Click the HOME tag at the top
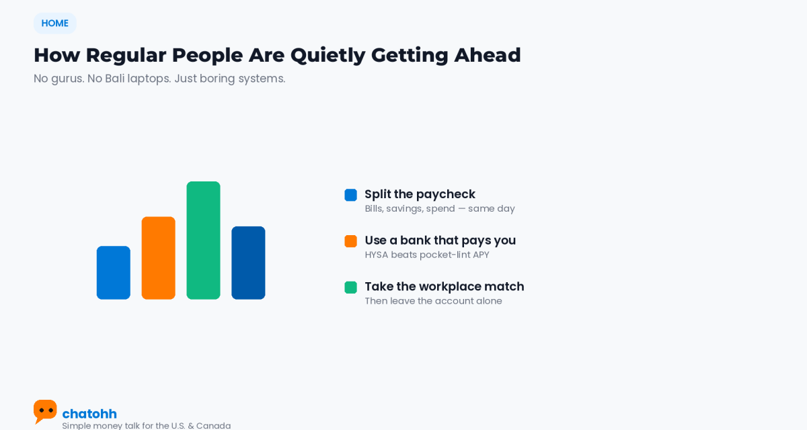pyautogui.click(x=54, y=24)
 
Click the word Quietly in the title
pyautogui.click(x=328, y=56)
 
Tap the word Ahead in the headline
pyautogui.click(x=487, y=55)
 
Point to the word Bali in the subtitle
pyautogui.click(x=114, y=78)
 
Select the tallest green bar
pyautogui.click(x=203, y=241)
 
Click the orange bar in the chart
pyautogui.click(x=159, y=258)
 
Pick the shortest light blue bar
pyautogui.click(x=114, y=273)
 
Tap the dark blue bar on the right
pyautogui.click(x=248, y=263)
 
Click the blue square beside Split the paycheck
pyautogui.click(x=350, y=195)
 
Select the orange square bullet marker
pyautogui.click(x=350, y=241)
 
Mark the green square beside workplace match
pyautogui.click(x=350, y=288)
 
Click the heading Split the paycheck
pyautogui.click(x=420, y=194)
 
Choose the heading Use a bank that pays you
pyautogui.click(x=440, y=241)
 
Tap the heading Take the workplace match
pyautogui.click(x=445, y=286)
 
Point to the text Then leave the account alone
pyautogui.click(x=433, y=301)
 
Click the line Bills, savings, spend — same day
pyautogui.click(x=440, y=209)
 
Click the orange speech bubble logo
pyautogui.click(x=45, y=411)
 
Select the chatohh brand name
pyautogui.click(x=89, y=414)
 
